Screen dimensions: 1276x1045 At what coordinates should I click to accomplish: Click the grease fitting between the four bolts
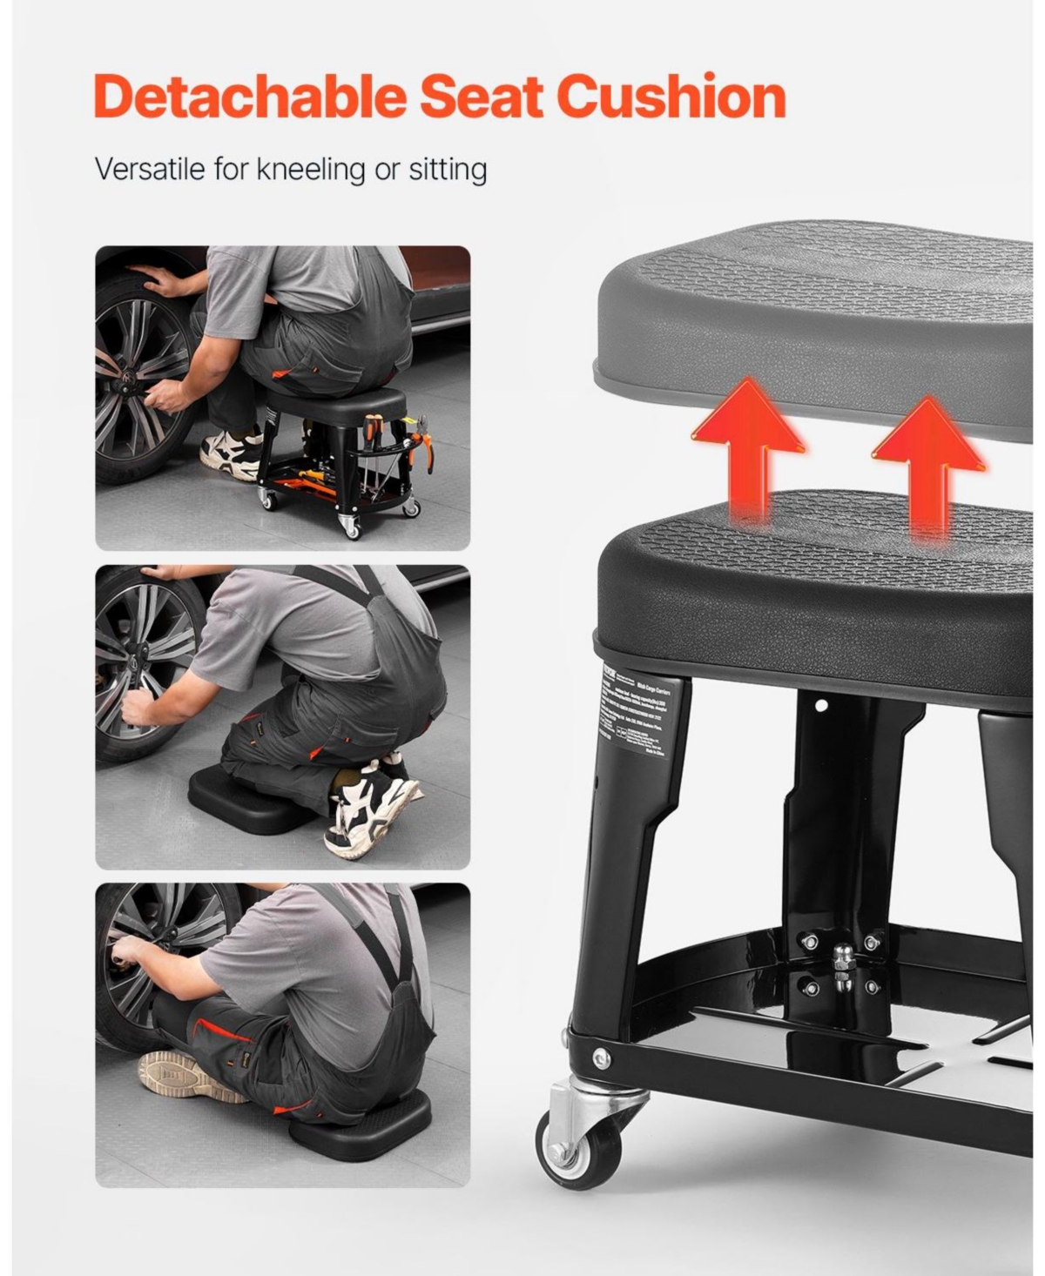[x=840, y=965]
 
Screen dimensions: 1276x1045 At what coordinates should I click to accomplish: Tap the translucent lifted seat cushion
[x=819, y=322]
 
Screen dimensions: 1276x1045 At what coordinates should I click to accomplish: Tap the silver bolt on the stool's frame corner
[x=602, y=1058]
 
